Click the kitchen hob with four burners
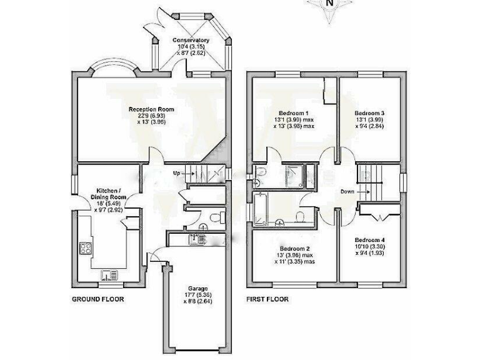(86, 248)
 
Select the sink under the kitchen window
(110, 273)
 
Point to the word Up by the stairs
(177, 172)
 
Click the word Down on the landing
(348, 191)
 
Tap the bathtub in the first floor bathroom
(261, 210)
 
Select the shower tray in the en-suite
(293, 176)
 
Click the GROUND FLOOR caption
(98, 299)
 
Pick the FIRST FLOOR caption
(267, 299)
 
